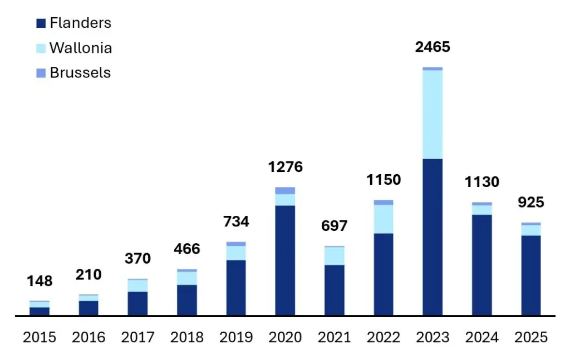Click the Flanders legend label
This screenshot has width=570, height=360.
[80, 23]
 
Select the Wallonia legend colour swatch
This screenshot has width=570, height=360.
[41, 48]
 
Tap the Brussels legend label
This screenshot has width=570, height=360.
[80, 73]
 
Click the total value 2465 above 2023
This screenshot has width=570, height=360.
[433, 47]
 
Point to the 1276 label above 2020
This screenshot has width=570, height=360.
[284, 167]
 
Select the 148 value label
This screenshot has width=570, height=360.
[40, 282]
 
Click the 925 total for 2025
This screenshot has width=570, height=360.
[530, 203]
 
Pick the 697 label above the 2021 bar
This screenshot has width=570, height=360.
[334, 226]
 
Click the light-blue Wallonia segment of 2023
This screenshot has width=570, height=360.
[433, 114]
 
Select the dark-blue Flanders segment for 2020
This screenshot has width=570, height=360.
[285, 260]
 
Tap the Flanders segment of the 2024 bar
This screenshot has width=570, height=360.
[481, 265]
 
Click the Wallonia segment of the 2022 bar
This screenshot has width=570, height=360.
[384, 219]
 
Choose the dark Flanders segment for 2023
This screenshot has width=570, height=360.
[433, 237]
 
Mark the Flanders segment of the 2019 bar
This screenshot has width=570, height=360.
[236, 288]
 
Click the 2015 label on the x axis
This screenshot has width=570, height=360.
[40, 338]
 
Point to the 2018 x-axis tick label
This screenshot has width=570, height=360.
[187, 338]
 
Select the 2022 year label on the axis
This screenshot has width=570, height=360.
[384, 338]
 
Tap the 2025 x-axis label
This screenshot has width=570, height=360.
[531, 338]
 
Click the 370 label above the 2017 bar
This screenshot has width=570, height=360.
[137, 259]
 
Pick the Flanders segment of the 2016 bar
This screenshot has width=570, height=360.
[89, 308]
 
